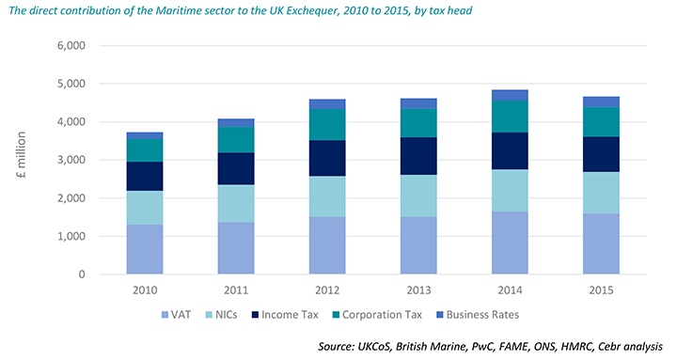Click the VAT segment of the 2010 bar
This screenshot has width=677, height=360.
[145, 249]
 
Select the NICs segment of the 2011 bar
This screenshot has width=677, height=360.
[235, 203]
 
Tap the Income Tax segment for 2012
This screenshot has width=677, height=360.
[326, 158]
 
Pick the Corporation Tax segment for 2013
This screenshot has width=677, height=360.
[417, 122]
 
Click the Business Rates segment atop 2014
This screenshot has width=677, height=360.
[509, 95]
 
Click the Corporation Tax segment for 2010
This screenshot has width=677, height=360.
[145, 149]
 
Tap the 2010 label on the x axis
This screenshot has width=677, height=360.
[145, 290]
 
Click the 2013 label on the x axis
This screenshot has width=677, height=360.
[417, 290]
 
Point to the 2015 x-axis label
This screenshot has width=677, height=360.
[599, 290]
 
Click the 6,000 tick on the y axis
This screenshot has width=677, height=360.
[71, 45]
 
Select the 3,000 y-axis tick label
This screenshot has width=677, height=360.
[71, 160]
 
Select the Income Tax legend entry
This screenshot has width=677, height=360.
[295, 314]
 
